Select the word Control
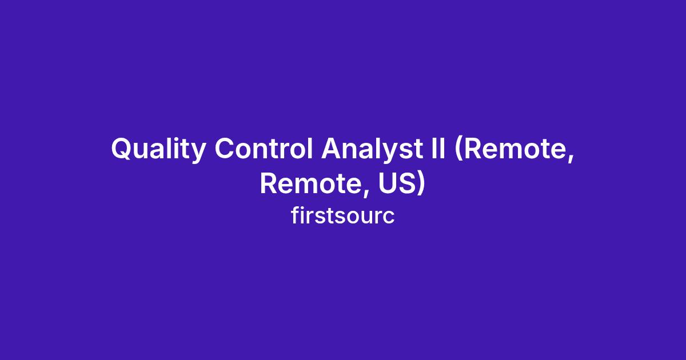(x=264, y=149)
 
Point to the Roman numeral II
(x=438, y=149)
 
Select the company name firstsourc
(x=342, y=216)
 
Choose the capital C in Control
(x=225, y=149)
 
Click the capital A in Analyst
(x=332, y=149)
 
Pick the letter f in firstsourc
(x=295, y=215)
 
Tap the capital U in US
(x=387, y=183)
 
